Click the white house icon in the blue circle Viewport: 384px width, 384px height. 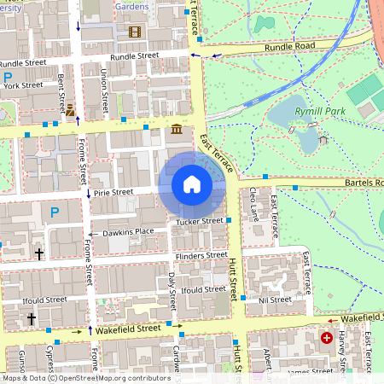pyautogui.click(x=192, y=184)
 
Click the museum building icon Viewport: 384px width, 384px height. pyautogui.click(x=176, y=129)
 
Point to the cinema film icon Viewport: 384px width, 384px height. pyautogui.click(x=134, y=32)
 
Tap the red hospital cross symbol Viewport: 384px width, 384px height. pyautogui.click(x=326, y=338)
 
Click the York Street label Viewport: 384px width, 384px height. pyautogui.click(x=23, y=85)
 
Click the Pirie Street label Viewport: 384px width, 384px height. pyautogui.click(x=113, y=193)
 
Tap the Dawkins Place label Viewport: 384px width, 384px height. pyautogui.click(x=128, y=231)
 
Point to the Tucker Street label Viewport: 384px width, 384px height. pyautogui.click(x=199, y=222)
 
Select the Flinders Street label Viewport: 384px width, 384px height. pyautogui.click(x=200, y=256)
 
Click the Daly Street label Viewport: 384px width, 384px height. pyautogui.click(x=172, y=291)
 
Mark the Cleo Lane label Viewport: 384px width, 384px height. pyautogui.click(x=254, y=207)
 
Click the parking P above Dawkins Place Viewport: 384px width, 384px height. pyautogui.click(x=55, y=212)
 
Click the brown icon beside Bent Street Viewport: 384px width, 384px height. pyautogui.click(x=71, y=109)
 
